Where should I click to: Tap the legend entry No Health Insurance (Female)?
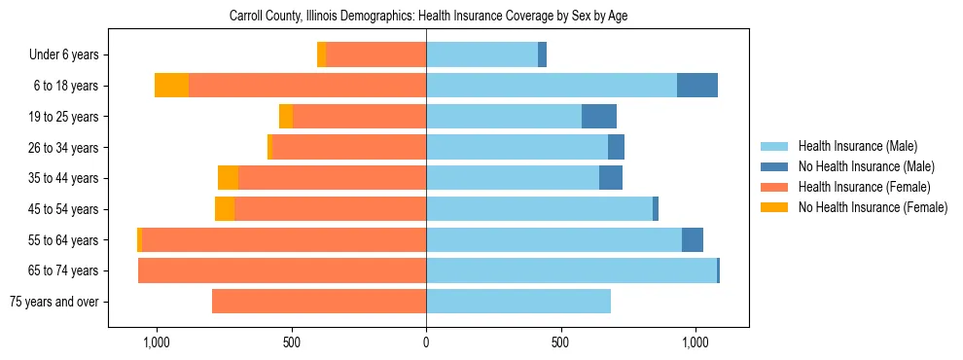tap(872, 207)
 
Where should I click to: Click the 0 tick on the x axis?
tap(426, 343)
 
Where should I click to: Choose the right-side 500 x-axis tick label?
tap(560, 343)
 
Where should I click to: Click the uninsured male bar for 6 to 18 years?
tap(696, 86)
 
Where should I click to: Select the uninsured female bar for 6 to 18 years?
tap(171, 86)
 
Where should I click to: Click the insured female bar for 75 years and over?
tap(319, 302)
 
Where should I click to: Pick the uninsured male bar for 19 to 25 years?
tap(599, 117)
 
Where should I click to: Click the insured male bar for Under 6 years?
tap(481, 55)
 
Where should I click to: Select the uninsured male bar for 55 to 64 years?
tap(692, 240)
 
